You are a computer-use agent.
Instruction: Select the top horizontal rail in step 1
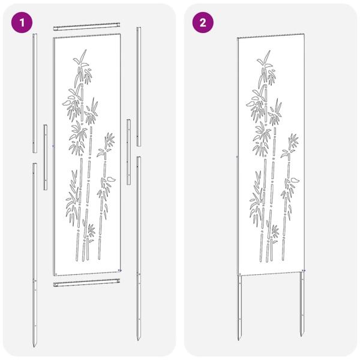87,29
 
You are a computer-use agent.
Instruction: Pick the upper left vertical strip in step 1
34,90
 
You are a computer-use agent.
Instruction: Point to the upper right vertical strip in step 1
138,84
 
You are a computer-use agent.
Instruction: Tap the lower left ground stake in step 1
35,252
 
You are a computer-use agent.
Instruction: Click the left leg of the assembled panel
241,309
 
